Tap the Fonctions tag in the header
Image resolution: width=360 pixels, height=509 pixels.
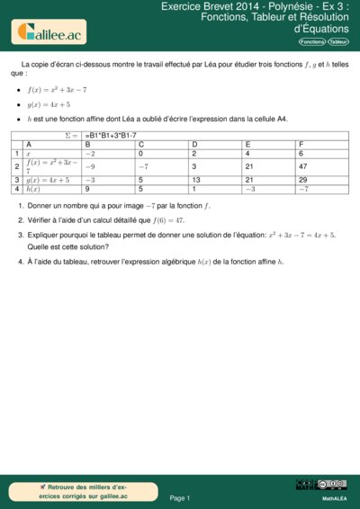click(x=311, y=41)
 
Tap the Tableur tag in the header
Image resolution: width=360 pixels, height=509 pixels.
click(x=339, y=41)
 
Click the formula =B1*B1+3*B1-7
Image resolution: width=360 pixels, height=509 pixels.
click(x=113, y=135)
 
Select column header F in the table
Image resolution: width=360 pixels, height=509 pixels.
click(x=301, y=144)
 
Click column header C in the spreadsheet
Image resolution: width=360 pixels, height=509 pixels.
click(x=142, y=144)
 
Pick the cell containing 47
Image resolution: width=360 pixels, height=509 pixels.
click(x=303, y=166)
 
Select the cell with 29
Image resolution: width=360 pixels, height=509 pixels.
click(x=303, y=180)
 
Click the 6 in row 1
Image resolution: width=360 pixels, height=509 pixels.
click(x=301, y=154)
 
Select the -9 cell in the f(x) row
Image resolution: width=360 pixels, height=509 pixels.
click(x=90, y=166)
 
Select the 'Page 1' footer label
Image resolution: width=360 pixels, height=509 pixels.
click(x=180, y=497)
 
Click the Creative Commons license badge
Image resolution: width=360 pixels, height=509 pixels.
click(x=320, y=486)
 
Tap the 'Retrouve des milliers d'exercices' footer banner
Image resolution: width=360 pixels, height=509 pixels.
click(x=76, y=490)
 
